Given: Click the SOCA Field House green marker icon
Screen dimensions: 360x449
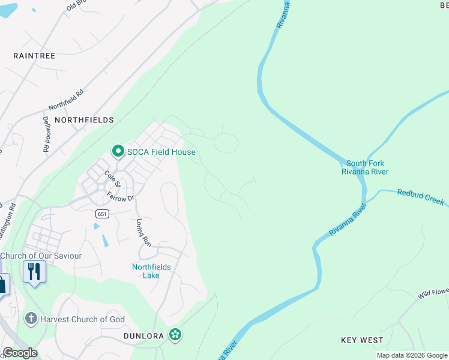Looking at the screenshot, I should [x=118, y=152].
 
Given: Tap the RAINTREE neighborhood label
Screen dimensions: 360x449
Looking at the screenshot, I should [x=34, y=56].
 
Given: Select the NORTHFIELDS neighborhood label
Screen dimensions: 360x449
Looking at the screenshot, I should [x=84, y=120].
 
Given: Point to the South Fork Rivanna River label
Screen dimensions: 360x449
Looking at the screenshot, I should [x=367, y=167].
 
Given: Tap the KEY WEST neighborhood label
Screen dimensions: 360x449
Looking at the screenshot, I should [x=362, y=340].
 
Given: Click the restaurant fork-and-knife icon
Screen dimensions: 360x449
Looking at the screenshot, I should [x=35, y=271].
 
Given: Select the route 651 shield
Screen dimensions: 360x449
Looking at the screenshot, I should [x=101, y=214].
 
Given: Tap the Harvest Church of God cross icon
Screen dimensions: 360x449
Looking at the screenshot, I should [x=31, y=319].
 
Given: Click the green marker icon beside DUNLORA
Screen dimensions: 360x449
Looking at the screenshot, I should [x=175, y=334].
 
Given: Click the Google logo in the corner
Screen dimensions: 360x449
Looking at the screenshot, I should [x=20, y=353].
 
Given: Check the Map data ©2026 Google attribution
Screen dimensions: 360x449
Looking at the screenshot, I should [x=412, y=355].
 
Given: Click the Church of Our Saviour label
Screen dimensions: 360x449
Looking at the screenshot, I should [x=41, y=256].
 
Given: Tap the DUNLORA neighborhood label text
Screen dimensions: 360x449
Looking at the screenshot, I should [x=144, y=336].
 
